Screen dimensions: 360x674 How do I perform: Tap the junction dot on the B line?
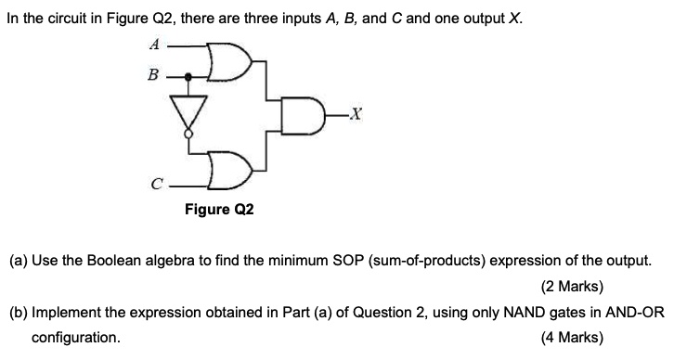[190, 77]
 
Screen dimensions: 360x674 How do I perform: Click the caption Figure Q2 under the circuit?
[219, 210]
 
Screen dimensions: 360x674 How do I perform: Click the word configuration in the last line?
[76, 338]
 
